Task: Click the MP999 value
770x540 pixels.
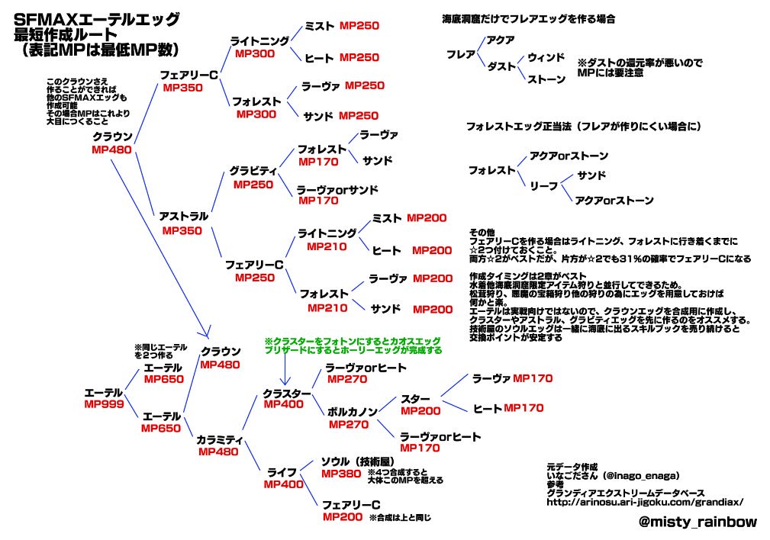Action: coord(104,404)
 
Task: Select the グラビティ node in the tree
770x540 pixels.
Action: coord(253,171)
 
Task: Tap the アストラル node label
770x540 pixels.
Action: coord(183,216)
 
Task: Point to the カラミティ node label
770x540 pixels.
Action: coord(219,439)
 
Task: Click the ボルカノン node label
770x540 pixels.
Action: coord(352,411)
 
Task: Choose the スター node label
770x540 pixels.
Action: coord(415,399)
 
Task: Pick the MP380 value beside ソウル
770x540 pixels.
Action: coord(341,474)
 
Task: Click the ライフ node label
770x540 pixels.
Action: coord(282,472)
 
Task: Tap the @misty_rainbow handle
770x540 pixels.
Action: coord(698,522)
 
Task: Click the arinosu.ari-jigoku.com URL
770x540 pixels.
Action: coord(645,502)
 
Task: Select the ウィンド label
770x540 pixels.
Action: coord(546,57)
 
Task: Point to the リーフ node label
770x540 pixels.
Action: coord(543,185)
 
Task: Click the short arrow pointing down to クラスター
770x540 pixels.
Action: coord(285,369)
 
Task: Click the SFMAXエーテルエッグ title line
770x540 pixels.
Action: coord(97,20)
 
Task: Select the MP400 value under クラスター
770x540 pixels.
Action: coord(283,404)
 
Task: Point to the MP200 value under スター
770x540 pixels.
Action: coord(420,411)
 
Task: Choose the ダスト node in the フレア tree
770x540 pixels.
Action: coord(501,66)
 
